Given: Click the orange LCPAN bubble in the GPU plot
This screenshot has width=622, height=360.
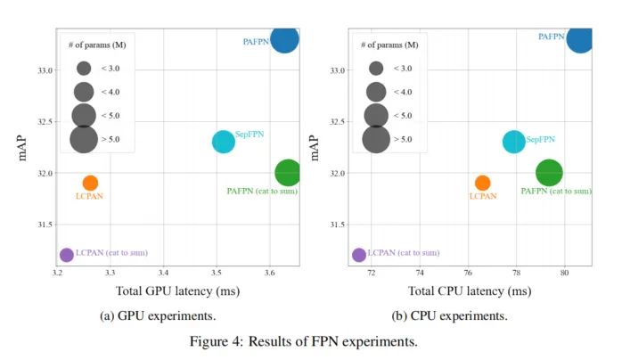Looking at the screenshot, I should (90, 183).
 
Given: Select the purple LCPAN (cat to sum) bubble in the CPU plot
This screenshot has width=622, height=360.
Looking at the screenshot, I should (359, 255).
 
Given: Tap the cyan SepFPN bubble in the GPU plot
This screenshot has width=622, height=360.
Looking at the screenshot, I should (224, 142).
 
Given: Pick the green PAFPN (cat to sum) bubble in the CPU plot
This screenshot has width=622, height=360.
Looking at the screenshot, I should (550, 173).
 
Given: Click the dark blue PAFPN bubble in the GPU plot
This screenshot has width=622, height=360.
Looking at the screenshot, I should (285, 39).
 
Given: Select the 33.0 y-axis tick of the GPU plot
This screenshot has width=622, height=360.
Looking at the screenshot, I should (44, 70).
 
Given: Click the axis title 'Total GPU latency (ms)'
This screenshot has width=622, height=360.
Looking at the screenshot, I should (177, 290).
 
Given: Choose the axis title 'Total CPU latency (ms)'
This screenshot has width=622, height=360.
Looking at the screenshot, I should (469, 290).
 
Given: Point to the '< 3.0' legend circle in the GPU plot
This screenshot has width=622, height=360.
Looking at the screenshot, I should (85, 68).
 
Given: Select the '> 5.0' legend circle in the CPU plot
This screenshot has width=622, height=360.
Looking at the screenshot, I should (376, 139).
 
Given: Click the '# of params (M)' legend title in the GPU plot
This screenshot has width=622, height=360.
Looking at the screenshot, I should (96, 45).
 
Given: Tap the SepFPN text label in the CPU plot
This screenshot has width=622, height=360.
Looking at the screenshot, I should (541, 139).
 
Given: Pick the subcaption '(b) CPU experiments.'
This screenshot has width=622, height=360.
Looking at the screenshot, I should (451, 315).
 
